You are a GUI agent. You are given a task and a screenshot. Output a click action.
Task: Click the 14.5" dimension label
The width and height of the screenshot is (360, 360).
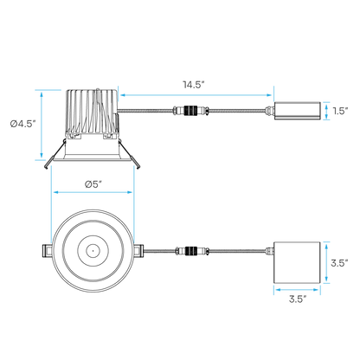click(x=194, y=85)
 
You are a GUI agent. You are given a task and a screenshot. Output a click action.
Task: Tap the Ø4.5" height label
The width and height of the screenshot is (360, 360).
click(x=23, y=124)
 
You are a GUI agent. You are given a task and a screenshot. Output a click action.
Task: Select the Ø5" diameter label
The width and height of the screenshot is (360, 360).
click(x=93, y=184)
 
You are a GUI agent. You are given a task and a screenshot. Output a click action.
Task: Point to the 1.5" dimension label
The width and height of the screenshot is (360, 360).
click(x=340, y=111)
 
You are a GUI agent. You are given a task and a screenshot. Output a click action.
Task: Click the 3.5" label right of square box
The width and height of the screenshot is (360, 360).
click(x=339, y=263)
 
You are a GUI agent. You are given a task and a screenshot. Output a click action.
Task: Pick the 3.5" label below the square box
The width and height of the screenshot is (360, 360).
click(x=298, y=299)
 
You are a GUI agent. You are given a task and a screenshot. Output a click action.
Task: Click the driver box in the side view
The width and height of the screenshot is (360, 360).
click(x=297, y=111)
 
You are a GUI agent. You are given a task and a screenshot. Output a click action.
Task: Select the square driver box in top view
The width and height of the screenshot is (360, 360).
click(x=297, y=262)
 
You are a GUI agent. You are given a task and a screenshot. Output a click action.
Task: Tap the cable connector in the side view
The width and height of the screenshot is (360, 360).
click(x=190, y=111)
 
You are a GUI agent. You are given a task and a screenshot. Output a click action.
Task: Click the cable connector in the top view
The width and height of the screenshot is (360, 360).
click(x=192, y=251)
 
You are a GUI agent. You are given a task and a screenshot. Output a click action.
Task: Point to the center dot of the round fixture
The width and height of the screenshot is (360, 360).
click(x=93, y=251)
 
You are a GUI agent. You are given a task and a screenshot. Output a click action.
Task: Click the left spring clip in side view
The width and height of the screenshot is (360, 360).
click(x=55, y=154)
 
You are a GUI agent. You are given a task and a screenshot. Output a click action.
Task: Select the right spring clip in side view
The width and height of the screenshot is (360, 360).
click(x=129, y=154)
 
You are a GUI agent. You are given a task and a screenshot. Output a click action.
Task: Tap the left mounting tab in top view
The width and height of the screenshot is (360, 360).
click(x=47, y=251)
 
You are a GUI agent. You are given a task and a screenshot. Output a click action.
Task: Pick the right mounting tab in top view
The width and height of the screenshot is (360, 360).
click(x=138, y=251)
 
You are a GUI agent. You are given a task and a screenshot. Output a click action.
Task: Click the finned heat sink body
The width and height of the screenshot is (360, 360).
click(x=92, y=112)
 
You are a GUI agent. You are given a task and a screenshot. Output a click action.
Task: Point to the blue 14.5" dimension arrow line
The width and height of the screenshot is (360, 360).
click(x=196, y=95)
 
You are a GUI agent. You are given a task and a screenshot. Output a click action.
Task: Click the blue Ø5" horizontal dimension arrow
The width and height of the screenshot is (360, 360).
click(x=93, y=192)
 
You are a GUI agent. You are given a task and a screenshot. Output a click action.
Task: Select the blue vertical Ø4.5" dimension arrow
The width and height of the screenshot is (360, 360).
click(x=42, y=125)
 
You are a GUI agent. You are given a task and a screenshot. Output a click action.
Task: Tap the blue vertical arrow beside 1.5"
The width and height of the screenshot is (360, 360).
click(x=326, y=111)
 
